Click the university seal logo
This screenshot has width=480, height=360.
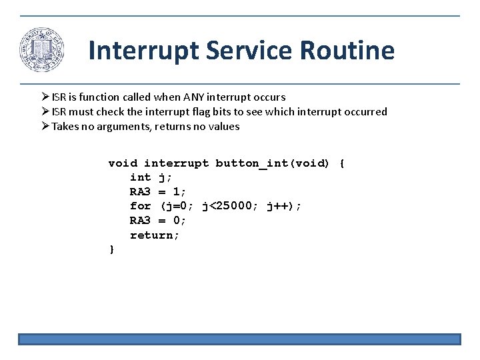tap(42, 51)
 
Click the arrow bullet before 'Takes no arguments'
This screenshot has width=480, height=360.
tap(45, 127)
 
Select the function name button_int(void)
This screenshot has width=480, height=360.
tap(272, 163)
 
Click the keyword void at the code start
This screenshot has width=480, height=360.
tap(123, 163)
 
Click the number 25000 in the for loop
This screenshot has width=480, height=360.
tap(234, 206)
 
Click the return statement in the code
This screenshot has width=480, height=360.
tap(155, 235)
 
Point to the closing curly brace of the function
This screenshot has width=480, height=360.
tap(112, 249)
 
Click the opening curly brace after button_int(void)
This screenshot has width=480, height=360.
tap(342, 163)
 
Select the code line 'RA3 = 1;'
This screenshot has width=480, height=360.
tap(158, 192)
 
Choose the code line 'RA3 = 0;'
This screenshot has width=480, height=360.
tap(158, 221)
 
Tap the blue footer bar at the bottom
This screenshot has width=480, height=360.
tap(239, 339)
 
